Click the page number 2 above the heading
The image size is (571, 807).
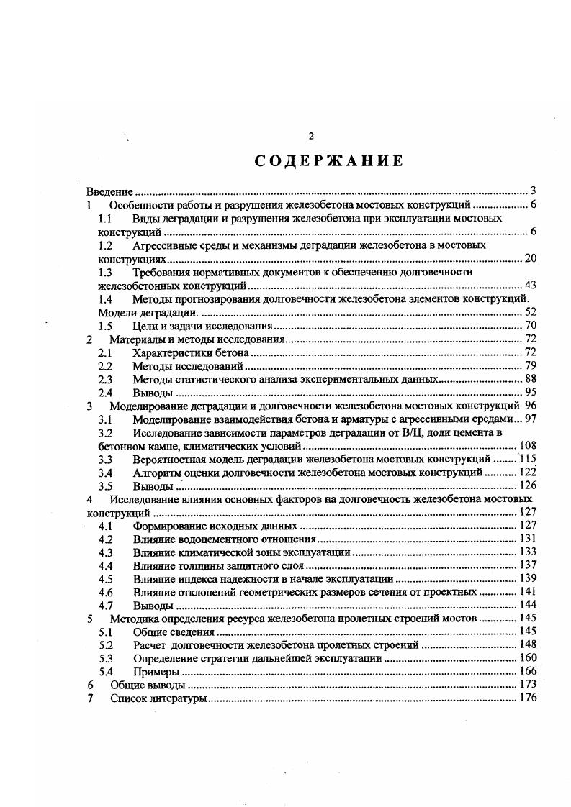tap(310, 136)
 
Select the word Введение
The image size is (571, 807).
tap(109, 191)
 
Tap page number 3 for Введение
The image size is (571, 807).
tap(533, 191)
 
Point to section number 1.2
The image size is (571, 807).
tap(105, 245)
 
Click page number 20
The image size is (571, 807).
tap(530, 259)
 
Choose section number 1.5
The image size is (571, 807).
tap(105, 327)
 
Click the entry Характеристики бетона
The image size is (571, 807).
tap(191, 353)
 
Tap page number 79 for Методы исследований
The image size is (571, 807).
tap(530, 367)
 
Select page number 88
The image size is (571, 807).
tap(530, 380)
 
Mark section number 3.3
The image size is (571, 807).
tap(105, 459)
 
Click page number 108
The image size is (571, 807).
tap(528, 446)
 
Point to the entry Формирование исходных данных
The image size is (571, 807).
tap(215, 526)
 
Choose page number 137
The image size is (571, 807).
tap(528, 565)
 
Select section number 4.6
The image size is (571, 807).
tap(105, 592)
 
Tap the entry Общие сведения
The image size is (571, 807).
tap(174, 632)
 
